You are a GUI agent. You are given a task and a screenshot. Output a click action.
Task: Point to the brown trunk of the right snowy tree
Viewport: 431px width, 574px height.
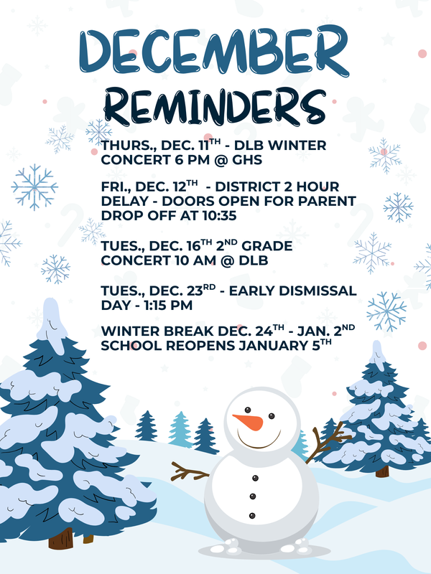[x=382, y=471]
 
